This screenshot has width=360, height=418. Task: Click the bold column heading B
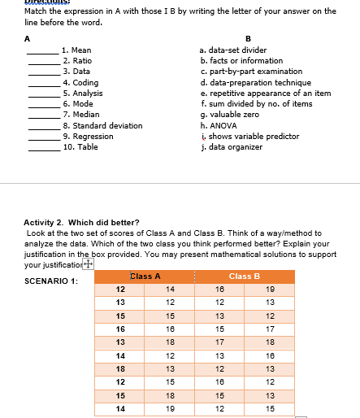tap(248, 38)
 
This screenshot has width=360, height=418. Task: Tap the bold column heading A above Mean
tap(28, 38)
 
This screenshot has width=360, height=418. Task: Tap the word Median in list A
tap(86, 115)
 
